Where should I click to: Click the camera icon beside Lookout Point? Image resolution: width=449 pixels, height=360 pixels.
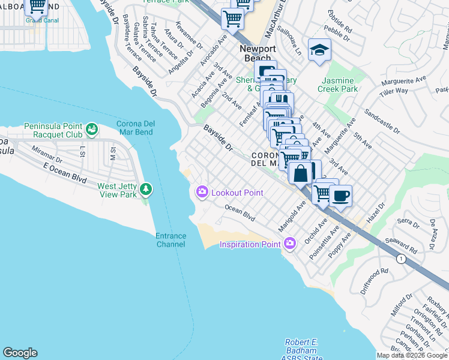(202, 192)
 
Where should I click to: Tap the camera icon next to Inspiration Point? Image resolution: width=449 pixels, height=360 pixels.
(291, 244)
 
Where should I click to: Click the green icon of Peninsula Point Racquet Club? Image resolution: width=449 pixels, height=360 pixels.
(91, 129)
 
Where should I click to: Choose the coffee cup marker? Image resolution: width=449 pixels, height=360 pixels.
(341, 196)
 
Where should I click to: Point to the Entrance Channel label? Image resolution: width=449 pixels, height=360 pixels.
(170, 240)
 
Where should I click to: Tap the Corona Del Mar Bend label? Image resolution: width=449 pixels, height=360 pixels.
(131, 128)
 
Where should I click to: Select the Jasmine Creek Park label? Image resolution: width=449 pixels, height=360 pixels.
(340, 85)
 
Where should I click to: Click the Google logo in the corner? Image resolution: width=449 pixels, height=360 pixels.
(20, 353)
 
